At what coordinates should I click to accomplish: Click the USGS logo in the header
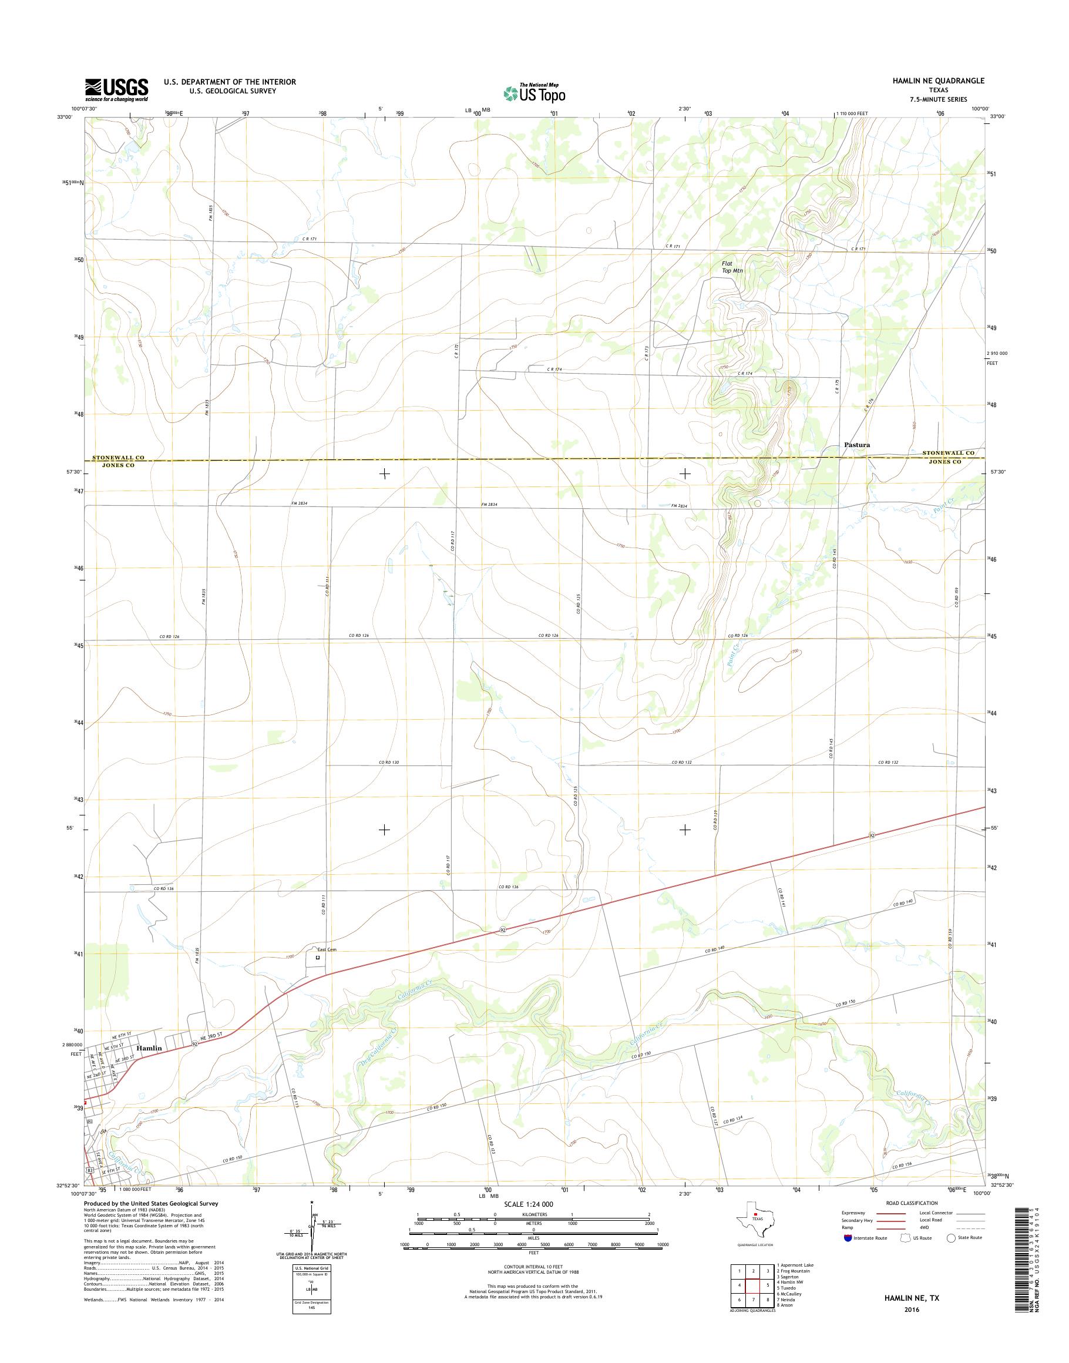[x=116, y=90]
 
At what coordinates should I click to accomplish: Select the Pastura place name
[x=857, y=445]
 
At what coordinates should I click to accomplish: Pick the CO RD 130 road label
[x=389, y=763]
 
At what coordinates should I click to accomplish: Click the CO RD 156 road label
[x=909, y=1166]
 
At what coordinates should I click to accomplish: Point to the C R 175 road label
[x=836, y=387]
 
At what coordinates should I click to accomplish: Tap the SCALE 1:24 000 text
[x=528, y=1204]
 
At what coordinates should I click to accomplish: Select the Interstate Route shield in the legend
[x=848, y=1238]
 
